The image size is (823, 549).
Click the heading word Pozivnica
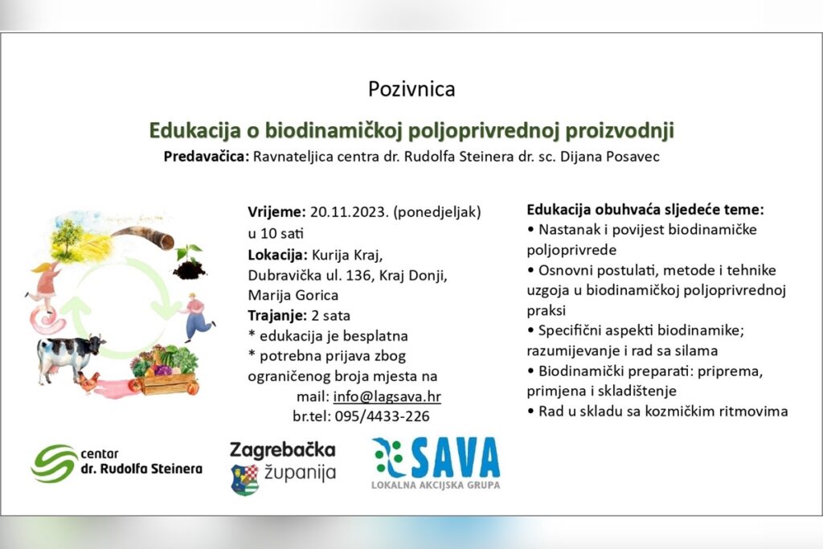tap(411, 89)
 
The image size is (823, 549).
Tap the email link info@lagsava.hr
tap(387, 396)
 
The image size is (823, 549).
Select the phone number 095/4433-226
tap(382, 416)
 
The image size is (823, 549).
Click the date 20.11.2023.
tap(349, 211)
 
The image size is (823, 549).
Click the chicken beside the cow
tap(88, 382)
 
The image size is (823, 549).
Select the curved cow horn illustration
tap(143, 236)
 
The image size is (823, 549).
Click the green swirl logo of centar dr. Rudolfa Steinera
tap(54, 463)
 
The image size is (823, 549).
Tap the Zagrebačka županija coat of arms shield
tap(244, 480)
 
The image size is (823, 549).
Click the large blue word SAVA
tap(455, 457)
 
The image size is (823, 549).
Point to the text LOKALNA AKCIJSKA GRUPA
tap(436, 485)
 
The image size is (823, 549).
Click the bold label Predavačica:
tap(207, 157)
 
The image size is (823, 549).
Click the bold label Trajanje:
tap(277, 316)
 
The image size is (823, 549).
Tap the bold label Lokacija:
tap(277, 256)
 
